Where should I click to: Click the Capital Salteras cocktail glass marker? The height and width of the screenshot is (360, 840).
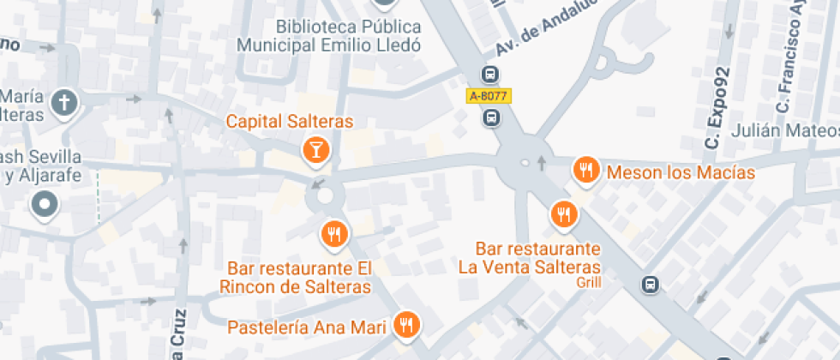[316, 151]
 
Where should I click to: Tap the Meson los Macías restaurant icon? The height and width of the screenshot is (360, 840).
[586, 171]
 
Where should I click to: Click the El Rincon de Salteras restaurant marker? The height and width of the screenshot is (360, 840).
[333, 232]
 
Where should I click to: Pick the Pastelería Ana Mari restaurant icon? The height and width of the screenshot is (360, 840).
[406, 325]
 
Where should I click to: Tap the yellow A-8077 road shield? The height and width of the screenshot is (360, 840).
[489, 97]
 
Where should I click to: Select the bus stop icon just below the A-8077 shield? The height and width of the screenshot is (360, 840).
[490, 118]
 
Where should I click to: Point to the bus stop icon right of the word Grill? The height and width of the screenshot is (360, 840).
[651, 284]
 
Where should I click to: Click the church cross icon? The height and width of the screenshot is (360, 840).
[64, 104]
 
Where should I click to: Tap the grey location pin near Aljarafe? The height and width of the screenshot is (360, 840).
[44, 205]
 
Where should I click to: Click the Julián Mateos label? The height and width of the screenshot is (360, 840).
[785, 131]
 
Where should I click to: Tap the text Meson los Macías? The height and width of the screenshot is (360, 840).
[681, 172]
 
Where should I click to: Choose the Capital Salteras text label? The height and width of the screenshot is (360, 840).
[290, 122]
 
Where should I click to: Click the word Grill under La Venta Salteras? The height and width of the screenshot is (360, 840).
[589, 281]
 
